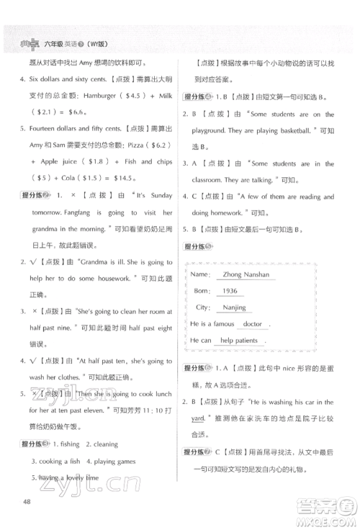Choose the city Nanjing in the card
point(234,307)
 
